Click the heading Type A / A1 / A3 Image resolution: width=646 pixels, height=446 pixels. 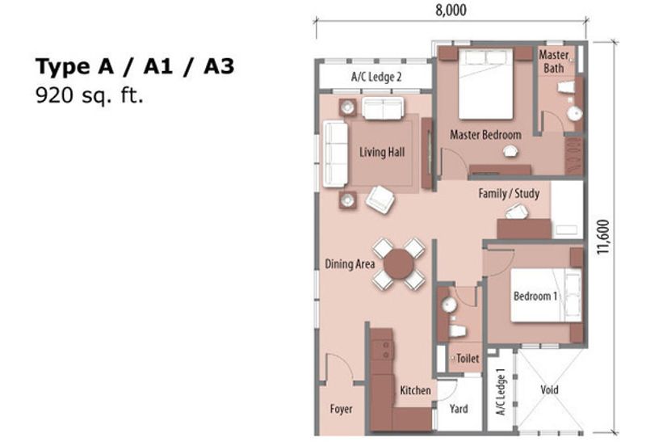[x=134, y=66]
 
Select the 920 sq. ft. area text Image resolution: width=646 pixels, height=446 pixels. [x=89, y=96]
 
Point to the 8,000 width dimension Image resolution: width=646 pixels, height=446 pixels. [x=449, y=11]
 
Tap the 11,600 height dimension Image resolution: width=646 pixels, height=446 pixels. [x=602, y=236]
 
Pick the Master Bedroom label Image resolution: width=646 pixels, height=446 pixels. [x=485, y=134]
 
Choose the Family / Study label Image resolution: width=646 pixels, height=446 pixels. [x=509, y=194]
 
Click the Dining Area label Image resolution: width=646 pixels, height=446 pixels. [x=350, y=263]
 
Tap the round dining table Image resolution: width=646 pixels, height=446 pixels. [x=398, y=263]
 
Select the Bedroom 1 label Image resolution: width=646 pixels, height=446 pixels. [x=535, y=296]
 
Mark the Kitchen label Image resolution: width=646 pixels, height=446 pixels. [x=415, y=390]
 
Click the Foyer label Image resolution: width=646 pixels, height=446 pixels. [x=341, y=409]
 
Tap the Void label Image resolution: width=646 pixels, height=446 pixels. [x=549, y=390]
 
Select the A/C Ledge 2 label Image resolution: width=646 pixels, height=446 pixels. [x=376, y=78]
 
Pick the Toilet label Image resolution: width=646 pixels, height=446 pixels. [x=468, y=358]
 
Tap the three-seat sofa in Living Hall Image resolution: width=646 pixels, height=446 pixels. [x=335, y=154]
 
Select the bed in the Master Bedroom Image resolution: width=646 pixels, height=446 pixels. [x=485, y=85]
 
